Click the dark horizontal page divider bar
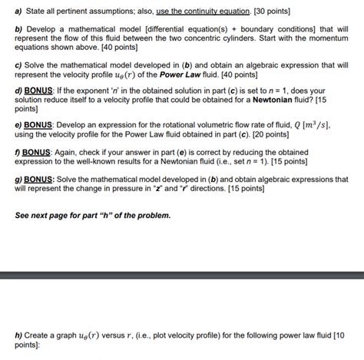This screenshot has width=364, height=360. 182,275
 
